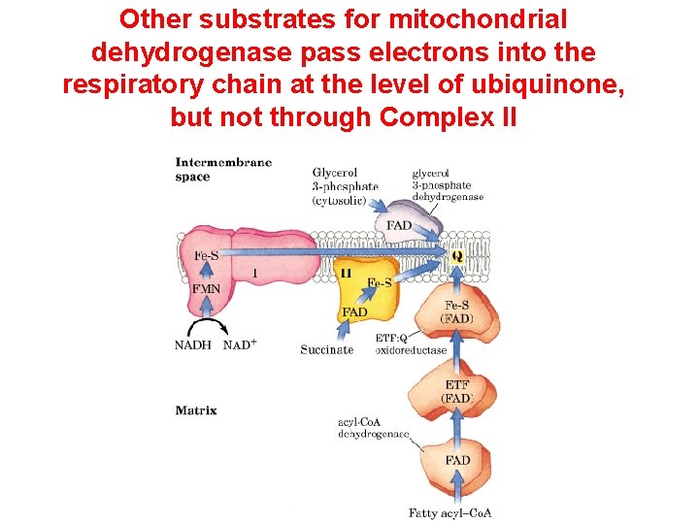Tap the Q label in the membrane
coord(456,257)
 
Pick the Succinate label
coord(327,348)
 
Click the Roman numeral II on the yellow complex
coord(346,275)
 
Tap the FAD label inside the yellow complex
coord(354,311)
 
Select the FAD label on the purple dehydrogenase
coord(399,224)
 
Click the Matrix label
coord(195,410)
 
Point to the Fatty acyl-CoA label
coord(449,512)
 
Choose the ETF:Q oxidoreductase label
coord(411,344)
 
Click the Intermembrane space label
coord(223,169)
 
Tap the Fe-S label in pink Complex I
coord(205,256)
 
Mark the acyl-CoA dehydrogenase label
coord(374,427)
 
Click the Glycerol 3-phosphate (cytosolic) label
coord(340,186)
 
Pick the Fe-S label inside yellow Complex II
coord(379,282)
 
